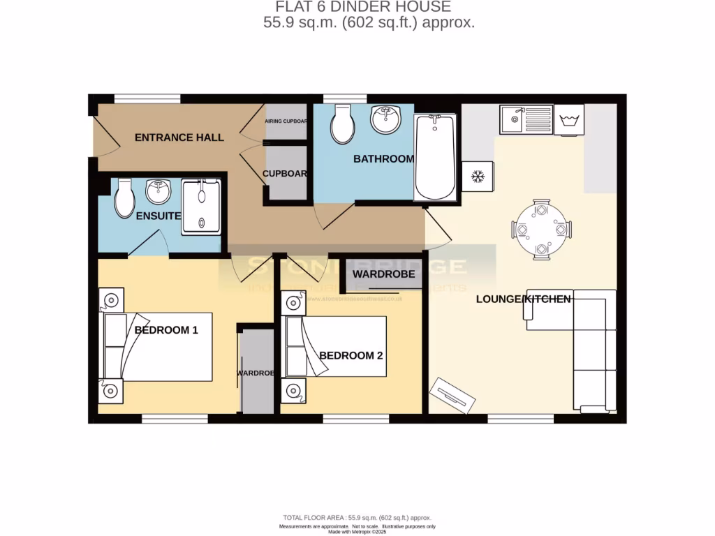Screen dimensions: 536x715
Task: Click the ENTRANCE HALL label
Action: tap(179, 137)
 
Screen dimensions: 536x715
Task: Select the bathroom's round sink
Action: tap(385, 119)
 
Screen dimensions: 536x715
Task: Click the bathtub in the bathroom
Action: tap(435, 157)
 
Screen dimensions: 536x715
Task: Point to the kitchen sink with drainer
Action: tap(526, 119)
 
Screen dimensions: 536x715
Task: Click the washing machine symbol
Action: tap(568, 119)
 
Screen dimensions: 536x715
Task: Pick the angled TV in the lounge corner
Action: tap(452, 395)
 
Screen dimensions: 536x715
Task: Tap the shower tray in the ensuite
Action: tap(201, 207)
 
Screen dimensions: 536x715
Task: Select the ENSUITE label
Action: tap(159, 216)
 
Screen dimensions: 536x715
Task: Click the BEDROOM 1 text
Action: tap(166, 330)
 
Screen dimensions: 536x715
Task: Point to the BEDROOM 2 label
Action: tap(351, 355)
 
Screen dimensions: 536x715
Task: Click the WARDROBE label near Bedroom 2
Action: tap(383, 274)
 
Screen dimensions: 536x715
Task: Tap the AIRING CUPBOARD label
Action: tap(286, 121)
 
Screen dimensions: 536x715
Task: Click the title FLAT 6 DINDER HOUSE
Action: tap(362, 7)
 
